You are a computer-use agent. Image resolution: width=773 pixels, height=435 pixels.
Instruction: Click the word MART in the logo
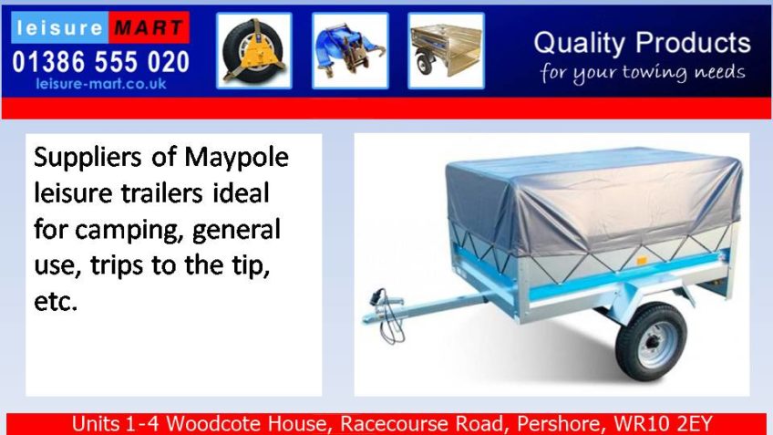(x=149, y=27)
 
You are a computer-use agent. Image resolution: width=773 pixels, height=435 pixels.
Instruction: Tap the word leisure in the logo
(x=59, y=27)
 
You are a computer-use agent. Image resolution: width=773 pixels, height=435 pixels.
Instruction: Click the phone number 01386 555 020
(x=100, y=62)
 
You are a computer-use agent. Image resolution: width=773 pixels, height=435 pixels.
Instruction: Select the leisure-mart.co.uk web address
(x=100, y=83)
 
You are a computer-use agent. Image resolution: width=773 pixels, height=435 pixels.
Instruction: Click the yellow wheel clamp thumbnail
(x=254, y=51)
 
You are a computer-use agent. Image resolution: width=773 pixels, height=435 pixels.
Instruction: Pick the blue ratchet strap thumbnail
(x=350, y=51)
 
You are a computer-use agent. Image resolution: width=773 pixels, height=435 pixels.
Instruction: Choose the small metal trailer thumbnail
(x=446, y=51)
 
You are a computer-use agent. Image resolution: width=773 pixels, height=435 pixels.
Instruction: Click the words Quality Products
(x=642, y=44)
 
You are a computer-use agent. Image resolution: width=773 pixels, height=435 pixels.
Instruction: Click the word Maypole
(x=237, y=158)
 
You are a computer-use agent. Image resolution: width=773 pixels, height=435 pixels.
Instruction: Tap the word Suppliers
(x=88, y=158)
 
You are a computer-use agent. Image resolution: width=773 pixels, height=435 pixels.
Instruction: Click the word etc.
(x=56, y=301)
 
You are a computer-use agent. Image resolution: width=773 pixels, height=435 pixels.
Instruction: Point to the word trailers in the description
(x=161, y=192)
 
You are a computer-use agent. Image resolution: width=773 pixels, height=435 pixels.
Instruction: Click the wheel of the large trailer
(x=651, y=342)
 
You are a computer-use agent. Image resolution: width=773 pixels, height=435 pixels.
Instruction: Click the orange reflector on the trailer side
(x=642, y=261)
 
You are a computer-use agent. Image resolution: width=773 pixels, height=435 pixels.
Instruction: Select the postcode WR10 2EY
(x=663, y=424)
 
